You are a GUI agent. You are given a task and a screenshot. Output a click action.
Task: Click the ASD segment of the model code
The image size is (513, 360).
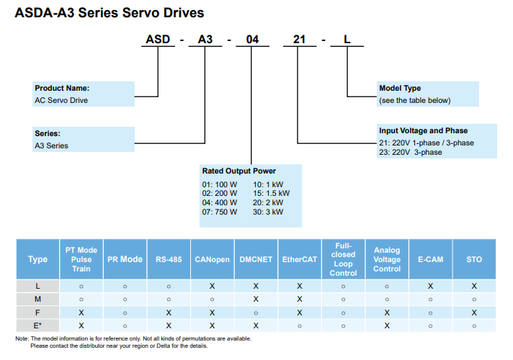click(x=158, y=39)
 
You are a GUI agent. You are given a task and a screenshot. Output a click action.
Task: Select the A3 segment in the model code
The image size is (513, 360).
click(x=205, y=39)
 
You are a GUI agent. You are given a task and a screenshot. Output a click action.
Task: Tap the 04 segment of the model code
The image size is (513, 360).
click(x=252, y=39)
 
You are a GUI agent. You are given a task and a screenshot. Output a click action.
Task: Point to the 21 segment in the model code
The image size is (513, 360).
click(x=299, y=39)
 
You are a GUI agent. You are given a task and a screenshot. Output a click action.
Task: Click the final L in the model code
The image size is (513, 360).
click(x=347, y=39)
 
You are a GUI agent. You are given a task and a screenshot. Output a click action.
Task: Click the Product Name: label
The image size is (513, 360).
click(x=62, y=88)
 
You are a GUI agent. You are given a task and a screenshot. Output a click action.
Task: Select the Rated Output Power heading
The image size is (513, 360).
click(x=238, y=171)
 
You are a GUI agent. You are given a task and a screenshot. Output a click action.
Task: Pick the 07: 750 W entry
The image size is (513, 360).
click(x=219, y=212)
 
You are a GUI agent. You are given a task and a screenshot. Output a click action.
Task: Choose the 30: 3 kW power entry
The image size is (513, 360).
click(x=268, y=212)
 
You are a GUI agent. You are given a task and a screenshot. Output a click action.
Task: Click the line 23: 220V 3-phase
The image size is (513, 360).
click(x=410, y=152)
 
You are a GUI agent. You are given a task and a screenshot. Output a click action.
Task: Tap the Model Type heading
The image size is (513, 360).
click(x=400, y=88)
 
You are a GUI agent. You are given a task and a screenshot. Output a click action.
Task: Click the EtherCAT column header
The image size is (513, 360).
click(x=299, y=259)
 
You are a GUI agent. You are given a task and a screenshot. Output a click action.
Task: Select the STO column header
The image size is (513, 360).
click(x=474, y=259)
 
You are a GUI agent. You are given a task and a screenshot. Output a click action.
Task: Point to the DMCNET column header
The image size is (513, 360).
click(x=256, y=259)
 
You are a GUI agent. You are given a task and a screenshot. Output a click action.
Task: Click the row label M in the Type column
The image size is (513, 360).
click(x=37, y=300)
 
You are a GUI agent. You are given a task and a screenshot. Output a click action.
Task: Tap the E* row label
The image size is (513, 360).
click(x=37, y=325)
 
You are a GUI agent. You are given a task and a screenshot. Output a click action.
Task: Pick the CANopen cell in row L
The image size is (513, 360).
click(x=212, y=286)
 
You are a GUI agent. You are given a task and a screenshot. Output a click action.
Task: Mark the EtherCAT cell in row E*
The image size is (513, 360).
click(x=299, y=326)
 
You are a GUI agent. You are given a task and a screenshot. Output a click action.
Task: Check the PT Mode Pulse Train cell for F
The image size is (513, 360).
click(x=81, y=313)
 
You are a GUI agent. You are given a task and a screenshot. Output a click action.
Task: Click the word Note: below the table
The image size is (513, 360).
click(x=22, y=338)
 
